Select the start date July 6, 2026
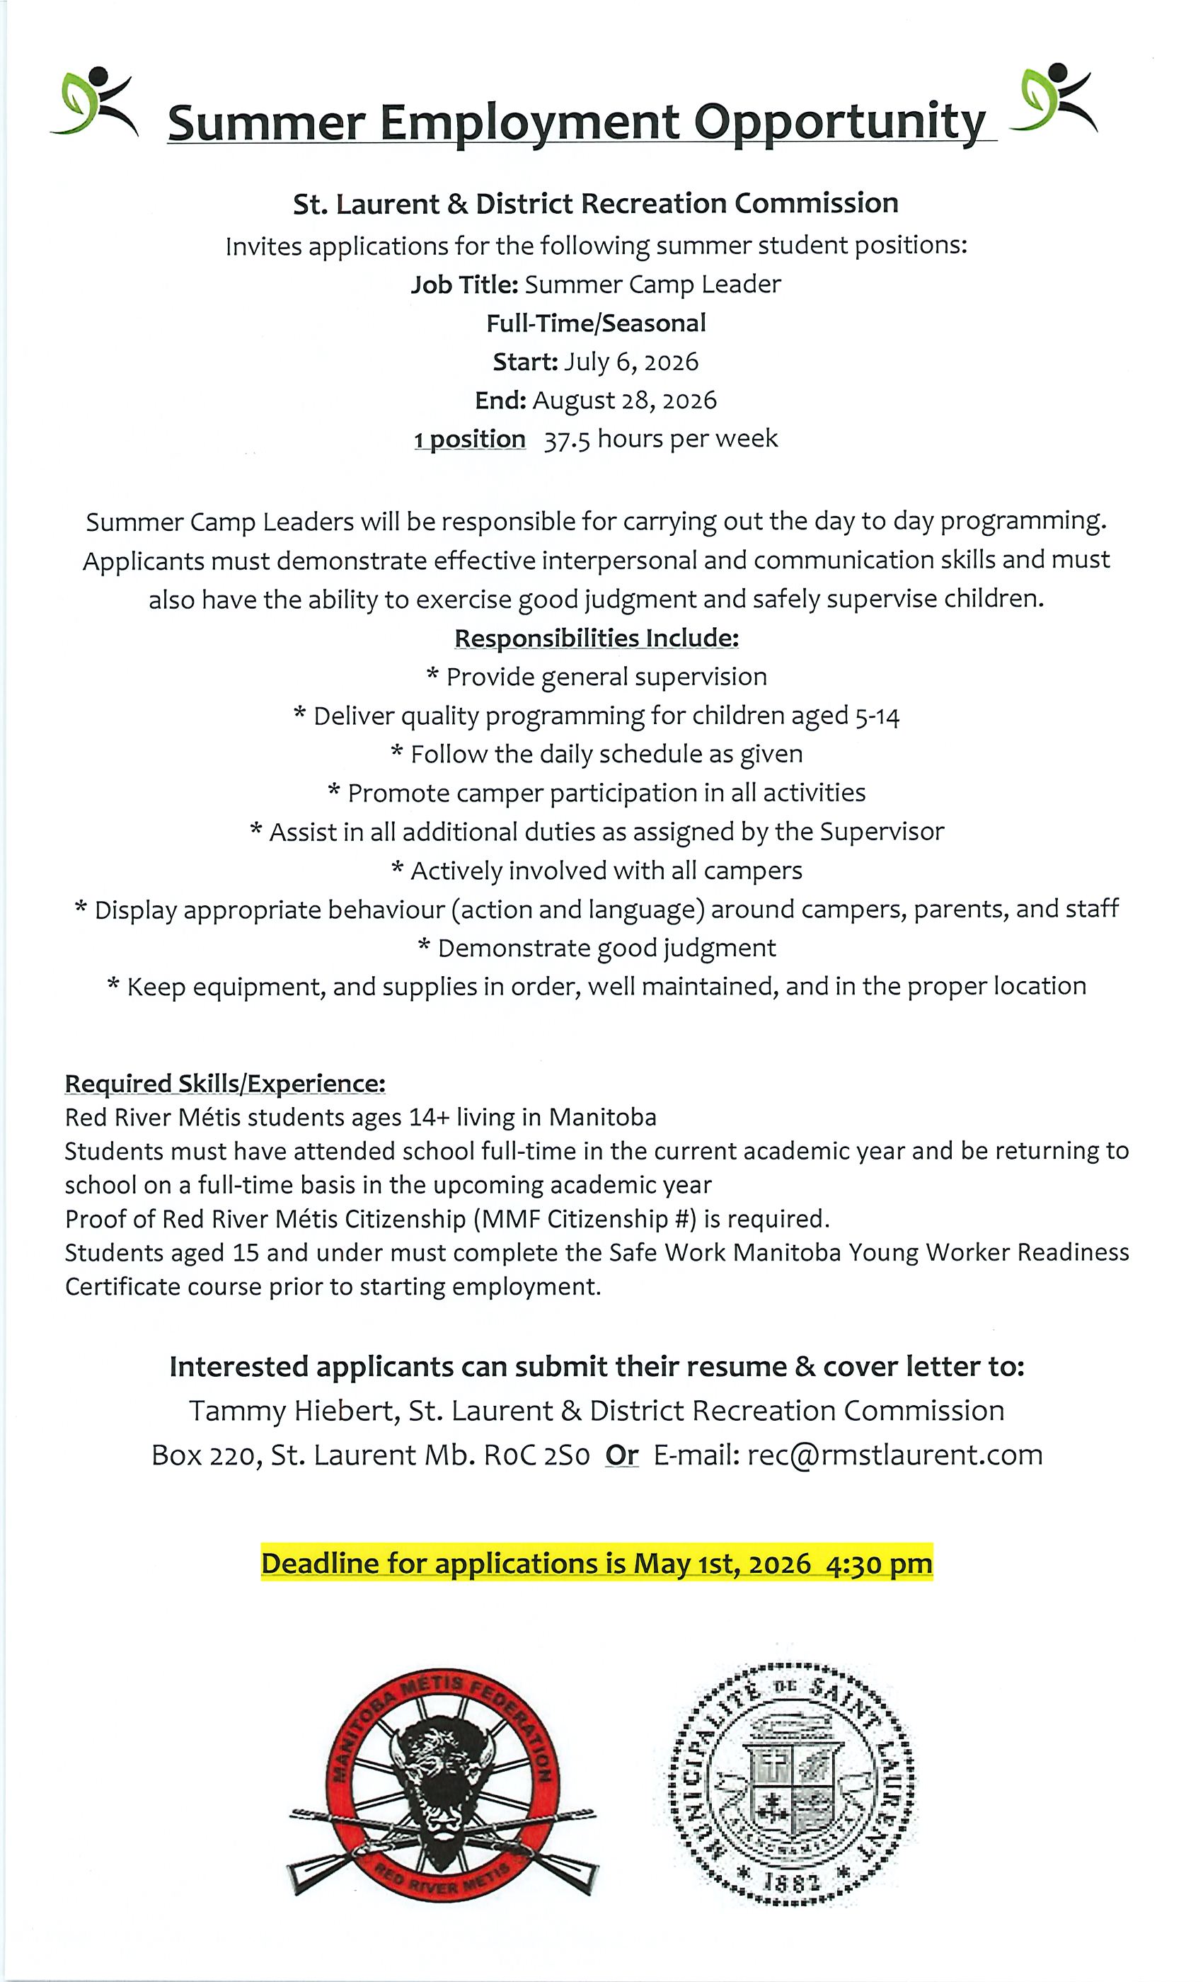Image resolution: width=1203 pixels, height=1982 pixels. (x=631, y=362)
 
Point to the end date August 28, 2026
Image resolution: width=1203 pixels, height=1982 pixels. (x=624, y=401)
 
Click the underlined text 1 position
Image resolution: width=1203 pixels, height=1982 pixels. (x=470, y=439)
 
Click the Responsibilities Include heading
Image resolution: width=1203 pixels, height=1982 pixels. (x=596, y=638)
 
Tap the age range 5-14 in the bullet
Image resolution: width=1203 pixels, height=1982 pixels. (x=877, y=716)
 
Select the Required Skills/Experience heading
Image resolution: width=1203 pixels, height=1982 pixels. (x=225, y=1084)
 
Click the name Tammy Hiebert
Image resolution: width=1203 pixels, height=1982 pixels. (x=294, y=1411)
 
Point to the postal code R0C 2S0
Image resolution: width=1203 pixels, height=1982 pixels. (x=536, y=1455)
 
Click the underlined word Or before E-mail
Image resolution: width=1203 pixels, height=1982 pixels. (x=621, y=1455)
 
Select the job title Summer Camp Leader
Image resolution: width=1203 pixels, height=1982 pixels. (x=652, y=285)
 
